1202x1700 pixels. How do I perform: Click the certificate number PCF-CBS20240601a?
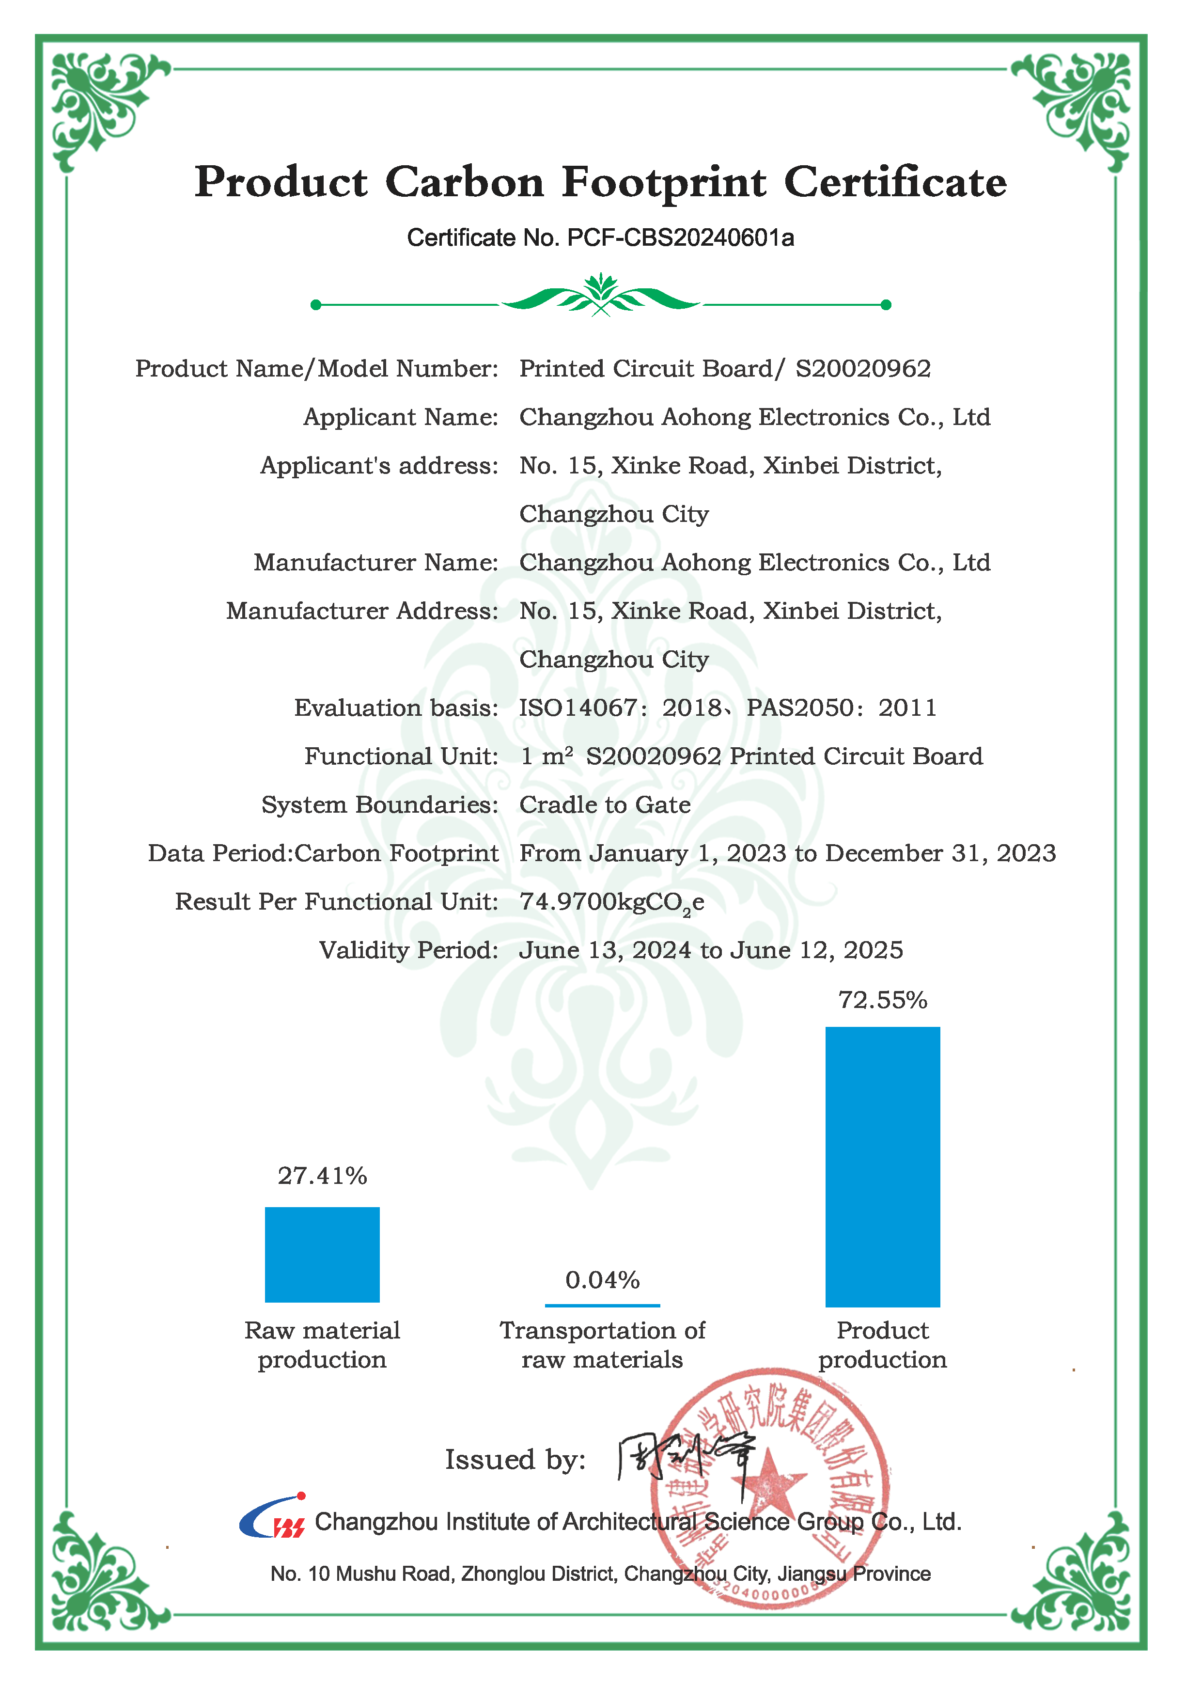coord(680,237)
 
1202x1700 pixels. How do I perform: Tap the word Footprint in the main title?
coord(664,182)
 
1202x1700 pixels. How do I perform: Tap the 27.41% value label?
coord(322,1176)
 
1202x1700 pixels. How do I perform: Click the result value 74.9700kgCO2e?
coord(611,902)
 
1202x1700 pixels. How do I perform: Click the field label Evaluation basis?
coord(396,708)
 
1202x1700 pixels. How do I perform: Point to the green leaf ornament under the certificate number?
coord(601,296)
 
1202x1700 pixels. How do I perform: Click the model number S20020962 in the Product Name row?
coord(863,369)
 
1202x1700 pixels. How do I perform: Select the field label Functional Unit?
coord(401,756)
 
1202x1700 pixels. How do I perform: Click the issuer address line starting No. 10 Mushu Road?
coord(600,1574)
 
